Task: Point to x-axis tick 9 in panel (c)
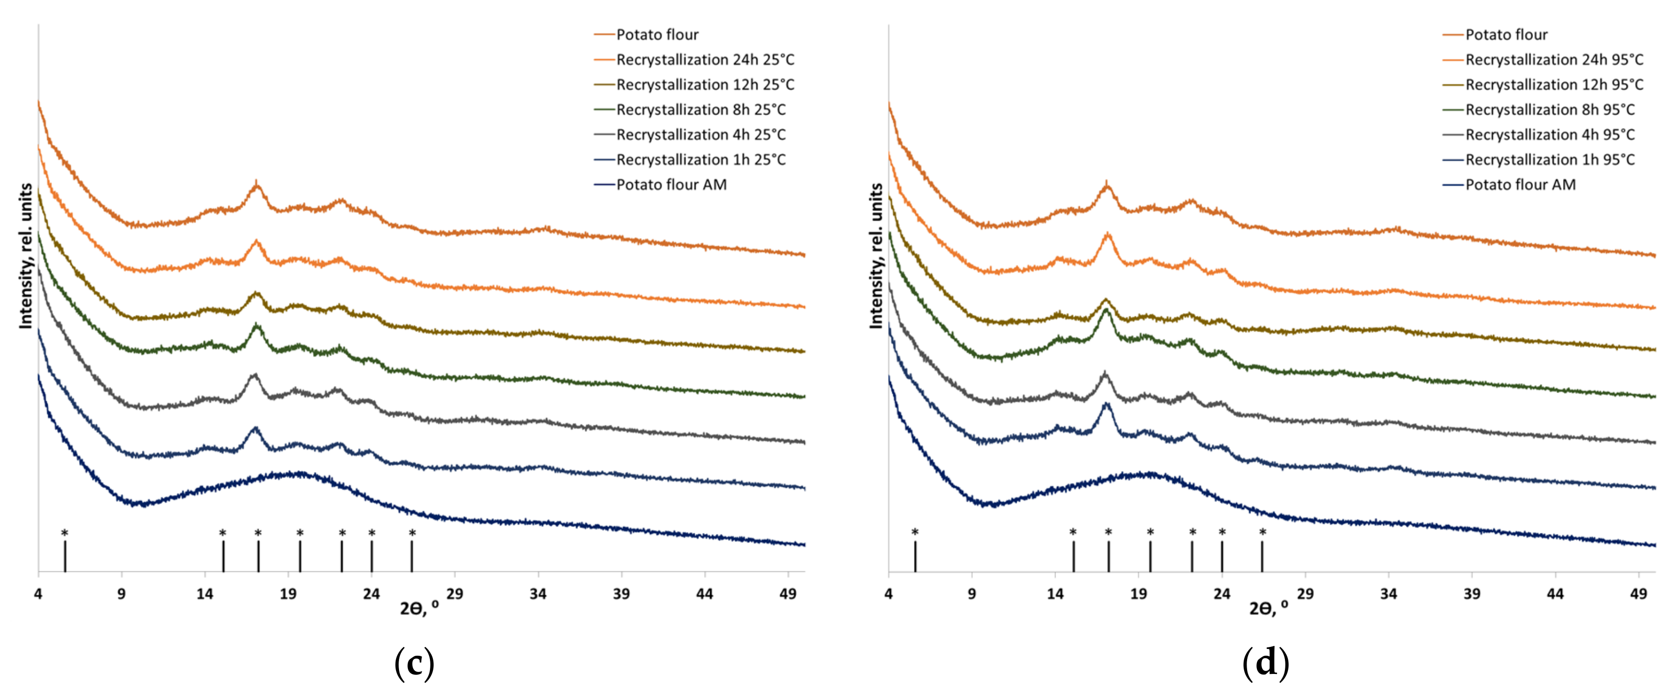121,594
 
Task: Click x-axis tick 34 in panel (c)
538,594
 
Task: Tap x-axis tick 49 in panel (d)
1638,594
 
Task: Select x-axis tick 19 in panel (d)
1139,594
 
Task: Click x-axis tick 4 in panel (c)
38,594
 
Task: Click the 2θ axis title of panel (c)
419,608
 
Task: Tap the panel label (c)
414,664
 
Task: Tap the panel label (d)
1265,664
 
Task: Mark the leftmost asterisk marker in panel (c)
64,533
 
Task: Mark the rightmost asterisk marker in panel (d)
1263,533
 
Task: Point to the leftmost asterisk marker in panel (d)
915,533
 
